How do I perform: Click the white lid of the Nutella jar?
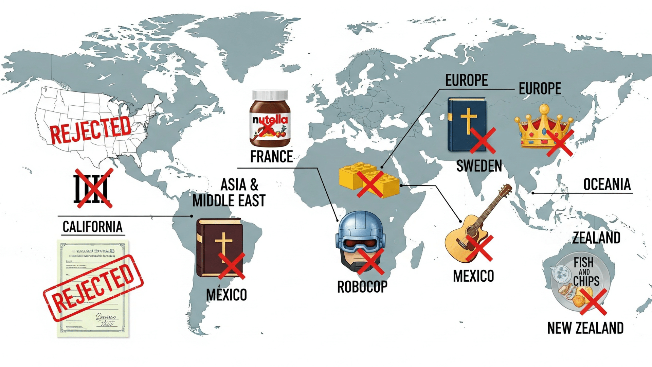click(270, 95)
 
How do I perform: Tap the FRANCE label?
click(271, 157)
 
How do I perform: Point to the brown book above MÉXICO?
click(219, 247)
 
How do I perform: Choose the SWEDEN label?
click(479, 166)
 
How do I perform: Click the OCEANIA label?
click(607, 185)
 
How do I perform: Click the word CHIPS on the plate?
click(586, 281)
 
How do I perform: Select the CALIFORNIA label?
click(92, 227)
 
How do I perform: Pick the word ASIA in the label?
click(233, 185)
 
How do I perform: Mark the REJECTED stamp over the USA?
click(91, 129)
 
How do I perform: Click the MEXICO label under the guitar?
click(473, 276)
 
